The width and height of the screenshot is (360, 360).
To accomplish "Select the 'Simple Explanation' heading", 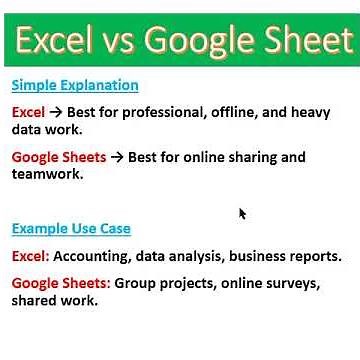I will tap(75, 85).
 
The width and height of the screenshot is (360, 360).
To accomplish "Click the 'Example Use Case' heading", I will tap(71, 229).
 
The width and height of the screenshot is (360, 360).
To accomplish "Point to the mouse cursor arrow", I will tap(242, 213).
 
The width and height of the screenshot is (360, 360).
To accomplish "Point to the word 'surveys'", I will tap(291, 283).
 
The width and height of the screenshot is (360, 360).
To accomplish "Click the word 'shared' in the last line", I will tap(35, 300).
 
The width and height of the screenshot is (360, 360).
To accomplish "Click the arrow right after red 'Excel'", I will tap(56, 113).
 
